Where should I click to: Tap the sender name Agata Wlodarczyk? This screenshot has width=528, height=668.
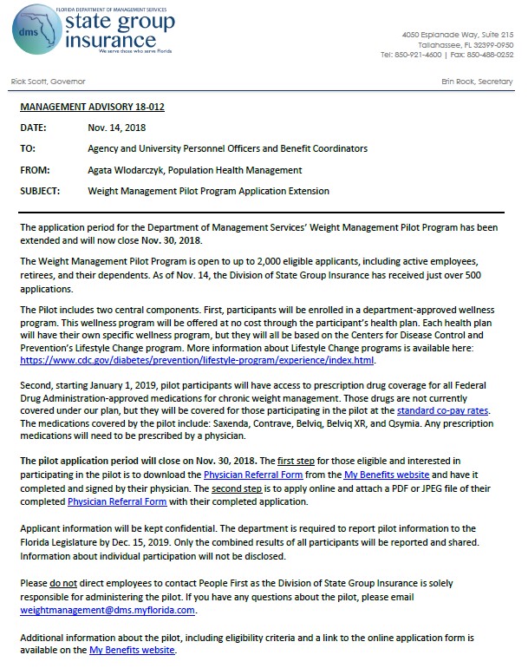point(127,170)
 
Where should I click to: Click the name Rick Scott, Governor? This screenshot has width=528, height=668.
point(48,81)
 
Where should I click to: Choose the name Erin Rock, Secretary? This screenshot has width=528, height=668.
point(478,81)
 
